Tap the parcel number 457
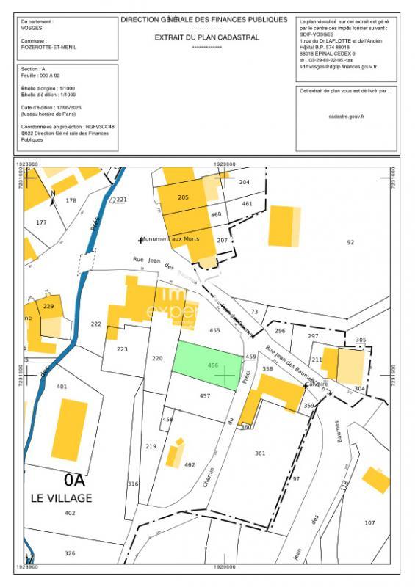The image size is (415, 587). [205, 396]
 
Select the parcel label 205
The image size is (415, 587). [184, 197]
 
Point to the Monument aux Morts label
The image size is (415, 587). [170, 239]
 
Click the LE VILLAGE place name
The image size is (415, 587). [62, 498]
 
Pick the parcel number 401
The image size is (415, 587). [62, 387]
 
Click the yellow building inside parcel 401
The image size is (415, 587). [70, 430]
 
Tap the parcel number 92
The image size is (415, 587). [350, 242]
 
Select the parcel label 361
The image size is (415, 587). [260, 453]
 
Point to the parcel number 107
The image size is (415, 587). [369, 522]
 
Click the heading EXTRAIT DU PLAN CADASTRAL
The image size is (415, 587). [206, 37]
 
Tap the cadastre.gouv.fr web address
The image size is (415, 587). [347, 116]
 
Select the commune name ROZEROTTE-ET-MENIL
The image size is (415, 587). [48, 47]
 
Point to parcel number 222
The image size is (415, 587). [95, 324]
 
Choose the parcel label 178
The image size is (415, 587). [71, 200]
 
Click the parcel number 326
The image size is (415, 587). [70, 553]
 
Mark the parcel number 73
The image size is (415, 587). [255, 312]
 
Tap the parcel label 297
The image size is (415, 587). [313, 335]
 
